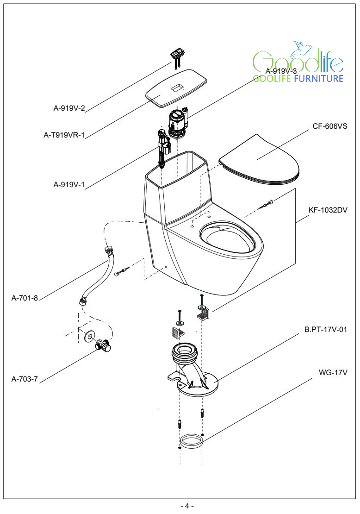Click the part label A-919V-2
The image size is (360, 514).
[69, 109]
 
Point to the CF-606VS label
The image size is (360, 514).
[330, 126]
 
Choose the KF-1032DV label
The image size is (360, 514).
[328, 209]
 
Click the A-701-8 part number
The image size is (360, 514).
[25, 298]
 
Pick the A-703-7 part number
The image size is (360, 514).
[25, 379]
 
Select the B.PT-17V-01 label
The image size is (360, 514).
[325, 330]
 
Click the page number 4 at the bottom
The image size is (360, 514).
[187, 506]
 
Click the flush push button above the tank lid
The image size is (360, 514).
[177, 54]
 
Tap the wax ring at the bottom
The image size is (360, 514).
[191, 440]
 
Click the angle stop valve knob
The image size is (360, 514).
[105, 345]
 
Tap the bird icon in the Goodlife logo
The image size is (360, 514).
[303, 47]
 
